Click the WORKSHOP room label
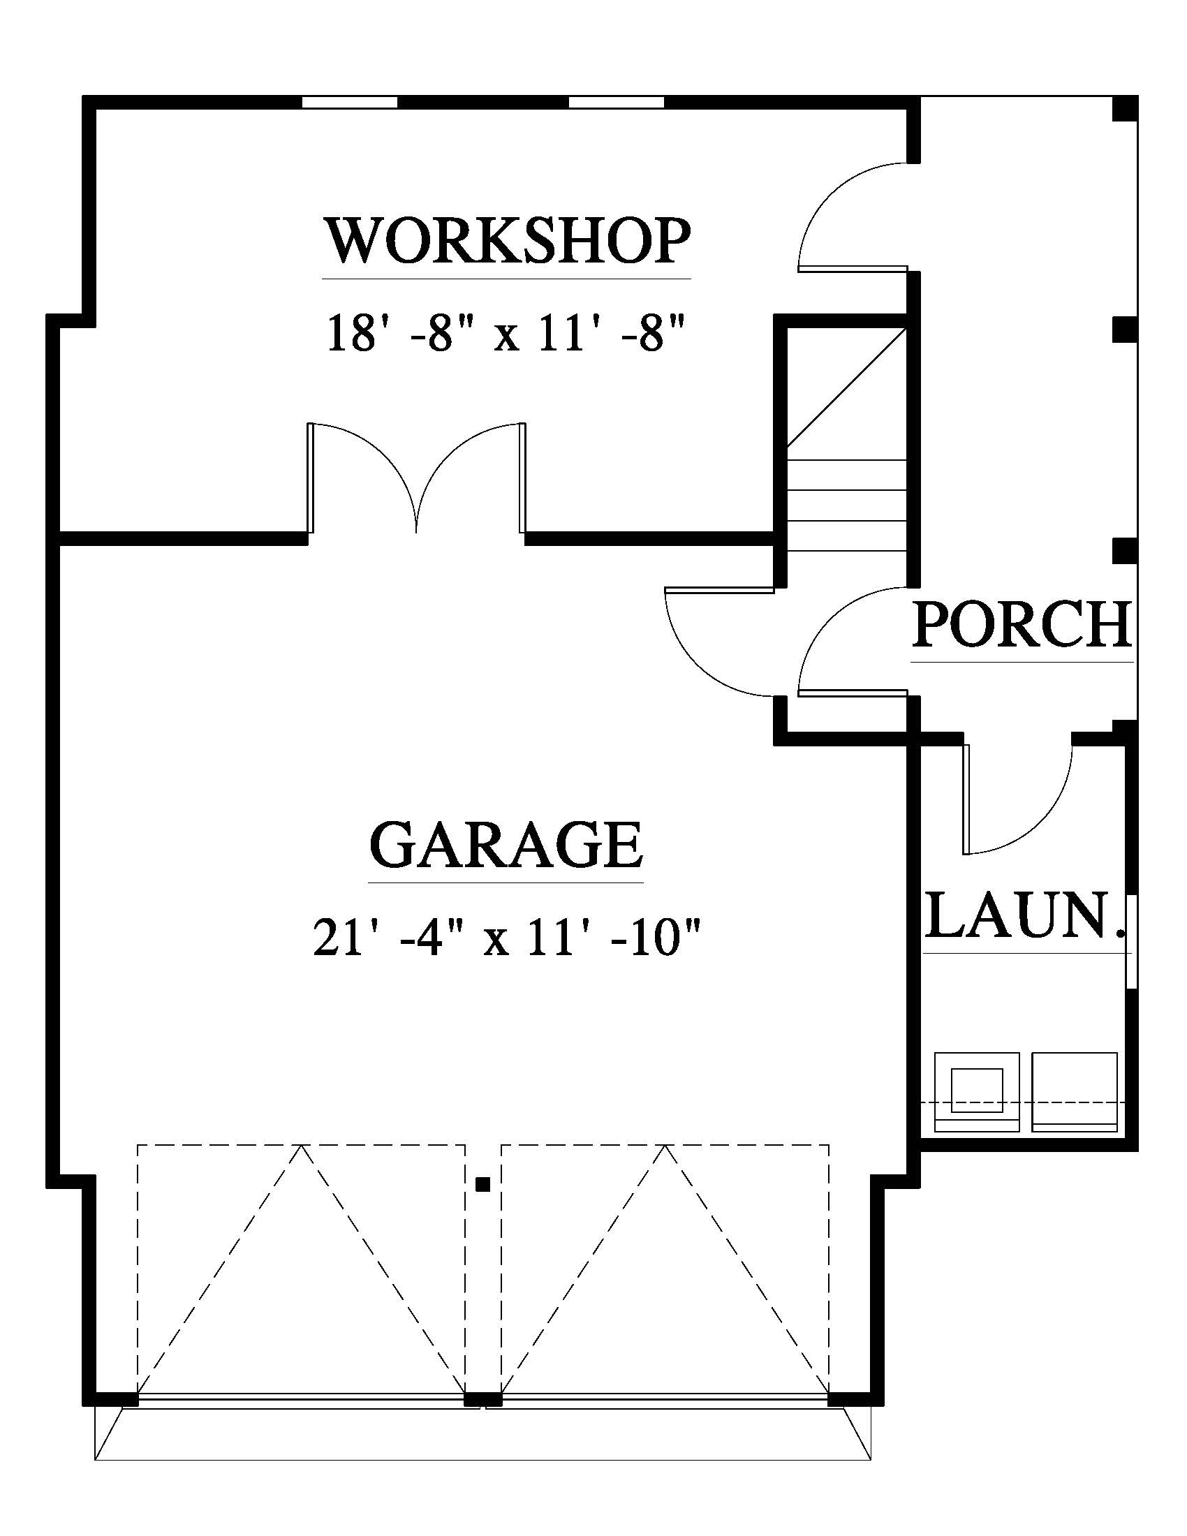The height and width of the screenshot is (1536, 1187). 506,242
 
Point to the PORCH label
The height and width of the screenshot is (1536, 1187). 1022,623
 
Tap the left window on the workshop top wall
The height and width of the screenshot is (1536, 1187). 350,102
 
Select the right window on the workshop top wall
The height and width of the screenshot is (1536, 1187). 616,102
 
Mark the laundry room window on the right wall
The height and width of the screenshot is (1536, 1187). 1130,942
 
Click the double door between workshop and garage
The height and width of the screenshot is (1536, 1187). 416,478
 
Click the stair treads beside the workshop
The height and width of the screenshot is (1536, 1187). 847,505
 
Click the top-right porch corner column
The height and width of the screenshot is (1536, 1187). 1124,109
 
